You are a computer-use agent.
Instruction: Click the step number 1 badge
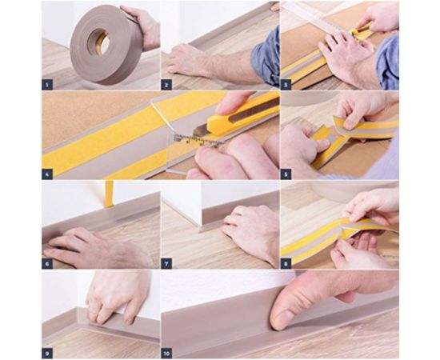tap(47, 85)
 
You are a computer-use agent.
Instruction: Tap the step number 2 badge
tap(166, 85)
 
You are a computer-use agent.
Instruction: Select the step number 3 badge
tap(286, 85)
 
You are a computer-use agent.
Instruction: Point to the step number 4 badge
tap(47, 174)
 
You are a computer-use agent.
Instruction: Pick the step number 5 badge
tap(286, 174)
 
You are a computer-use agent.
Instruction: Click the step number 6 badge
tap(47, 263)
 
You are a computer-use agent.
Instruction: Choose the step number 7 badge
tap(166, 263)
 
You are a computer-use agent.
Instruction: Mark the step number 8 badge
tap(286, 263)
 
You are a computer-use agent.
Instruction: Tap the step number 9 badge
tap(47, 353)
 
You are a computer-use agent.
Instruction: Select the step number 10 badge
tap(166, 353)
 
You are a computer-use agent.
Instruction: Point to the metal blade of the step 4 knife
tap(201, 130)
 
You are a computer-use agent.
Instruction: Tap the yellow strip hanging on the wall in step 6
tap(109, 194)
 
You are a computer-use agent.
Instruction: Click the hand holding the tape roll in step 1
tap(142, 26)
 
